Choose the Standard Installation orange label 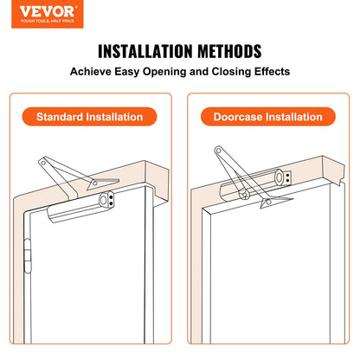click(x=90, y=116)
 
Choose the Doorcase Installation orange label click(x=268, y=116)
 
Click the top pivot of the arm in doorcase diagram click(x=218, y=151)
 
